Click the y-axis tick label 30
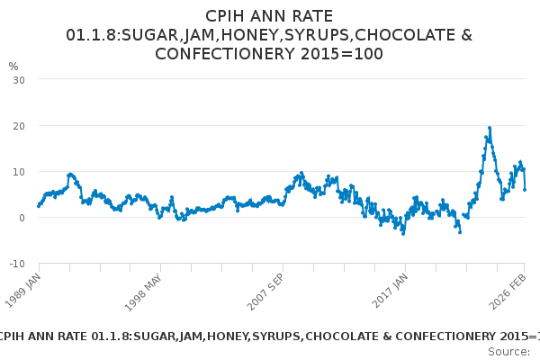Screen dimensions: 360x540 point(18,80)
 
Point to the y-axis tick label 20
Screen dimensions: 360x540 point(18,126)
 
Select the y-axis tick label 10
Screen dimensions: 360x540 point(18,172)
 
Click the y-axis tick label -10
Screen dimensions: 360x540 point(16,264)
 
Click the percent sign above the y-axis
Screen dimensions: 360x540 point(13,66)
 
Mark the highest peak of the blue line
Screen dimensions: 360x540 point(489,128)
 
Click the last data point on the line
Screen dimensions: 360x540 point(525,189)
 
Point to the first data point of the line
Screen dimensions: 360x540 point(39,206)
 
